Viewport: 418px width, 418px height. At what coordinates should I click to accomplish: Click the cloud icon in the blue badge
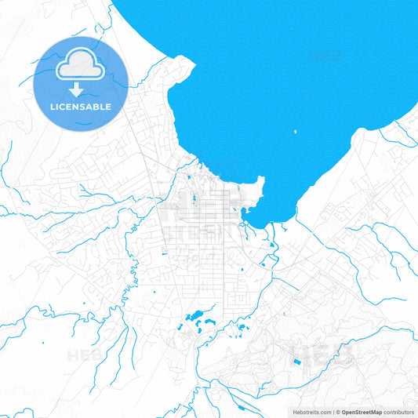pyautogui.click(x=81, y=65)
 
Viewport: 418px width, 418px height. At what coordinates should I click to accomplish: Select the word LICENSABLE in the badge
pyautogui.click(x=81, y=106)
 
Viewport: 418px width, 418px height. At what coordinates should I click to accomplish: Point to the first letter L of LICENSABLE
pyautogui.click(x=52, y=106)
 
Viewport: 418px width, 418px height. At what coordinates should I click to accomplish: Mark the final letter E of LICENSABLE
pyautogui.click(x=109, y=106)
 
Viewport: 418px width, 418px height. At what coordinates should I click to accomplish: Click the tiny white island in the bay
pyautogui.click(x=295, y=132)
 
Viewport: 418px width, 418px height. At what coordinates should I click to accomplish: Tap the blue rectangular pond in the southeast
pyautogui.click(x=296, y=362)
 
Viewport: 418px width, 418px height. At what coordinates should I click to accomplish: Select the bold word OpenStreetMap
pyautogui.click(x=363, y=412)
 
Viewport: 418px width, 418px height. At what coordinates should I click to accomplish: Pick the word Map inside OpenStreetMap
pyautogui.click(x=376, y=412)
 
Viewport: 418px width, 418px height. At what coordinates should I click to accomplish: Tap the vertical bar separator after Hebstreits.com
pyautogui.click(x=334, y=412)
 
